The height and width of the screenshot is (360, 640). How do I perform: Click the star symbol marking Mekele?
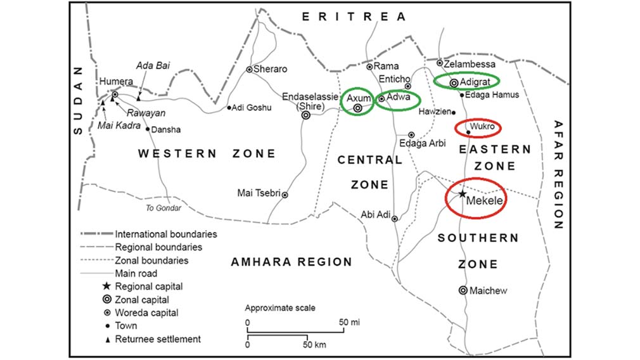pyautogui.click(x=463, y=193)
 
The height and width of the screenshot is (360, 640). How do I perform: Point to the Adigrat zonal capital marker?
pyautogui.click(x=454, y=82)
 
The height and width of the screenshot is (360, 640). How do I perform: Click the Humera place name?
pyautogui.click(x=117, y=82)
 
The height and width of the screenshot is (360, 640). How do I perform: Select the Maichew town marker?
pyautogui.click(x=463, y=290)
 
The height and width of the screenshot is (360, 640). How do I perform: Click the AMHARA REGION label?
pyautogui.click(x=291, y=262)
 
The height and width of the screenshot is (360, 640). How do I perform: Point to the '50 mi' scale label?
pyautogui.click(x=349, y=323)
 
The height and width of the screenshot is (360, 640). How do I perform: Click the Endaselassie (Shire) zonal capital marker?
pyautogui.click(x=306, y=115)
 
